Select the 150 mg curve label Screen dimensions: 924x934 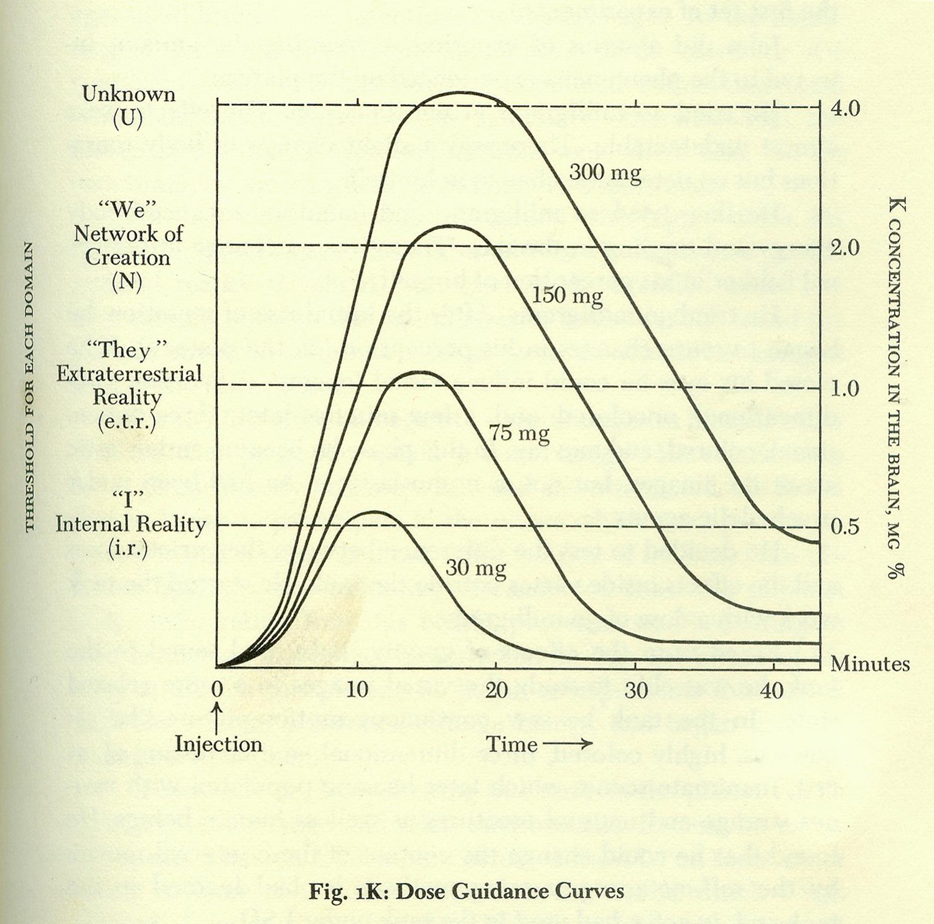567,295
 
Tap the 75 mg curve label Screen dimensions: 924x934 519,432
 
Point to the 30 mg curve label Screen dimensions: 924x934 476,568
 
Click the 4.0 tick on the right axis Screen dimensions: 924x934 845,108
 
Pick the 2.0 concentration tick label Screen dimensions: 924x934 845,248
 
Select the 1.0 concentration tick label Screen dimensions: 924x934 845,388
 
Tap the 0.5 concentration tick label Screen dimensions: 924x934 845,527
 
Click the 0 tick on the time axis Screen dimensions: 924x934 217,689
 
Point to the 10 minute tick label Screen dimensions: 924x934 357,690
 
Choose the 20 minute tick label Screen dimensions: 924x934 496,690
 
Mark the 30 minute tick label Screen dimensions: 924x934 635,690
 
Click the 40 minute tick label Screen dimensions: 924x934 772,690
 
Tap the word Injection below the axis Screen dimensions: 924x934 218,744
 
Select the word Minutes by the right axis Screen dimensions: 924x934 870,664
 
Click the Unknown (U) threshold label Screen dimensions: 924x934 128,106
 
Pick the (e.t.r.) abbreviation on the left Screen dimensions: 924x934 127,422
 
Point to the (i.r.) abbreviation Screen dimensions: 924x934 128,549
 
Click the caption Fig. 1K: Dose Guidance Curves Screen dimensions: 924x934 466,891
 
